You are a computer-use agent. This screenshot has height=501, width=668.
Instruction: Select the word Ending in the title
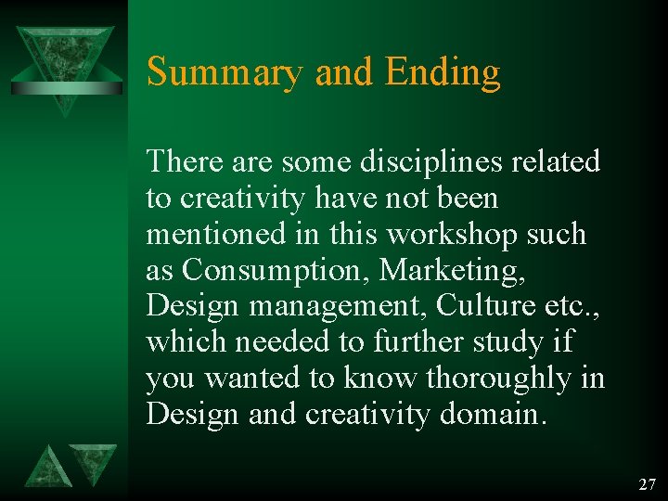(443, 72)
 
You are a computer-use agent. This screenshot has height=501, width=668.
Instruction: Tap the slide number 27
(647, 484)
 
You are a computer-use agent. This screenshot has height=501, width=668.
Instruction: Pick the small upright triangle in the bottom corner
(46, 467)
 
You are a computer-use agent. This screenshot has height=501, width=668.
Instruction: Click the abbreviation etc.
(573, 306)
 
